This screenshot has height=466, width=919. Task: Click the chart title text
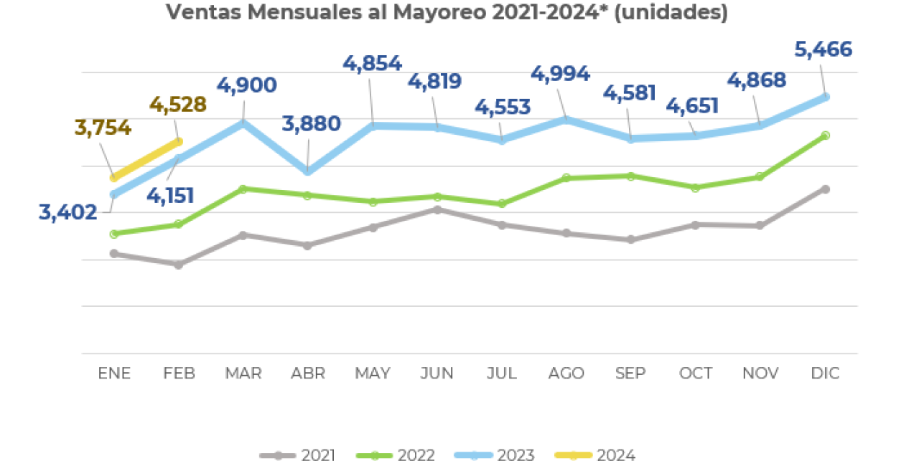pos(447,13)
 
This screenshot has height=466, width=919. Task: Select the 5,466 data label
pos(823,50)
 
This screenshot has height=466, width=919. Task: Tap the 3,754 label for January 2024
pos(103,128)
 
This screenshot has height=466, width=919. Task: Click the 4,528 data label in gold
pos(178,105)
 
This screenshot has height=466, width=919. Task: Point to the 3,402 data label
pos(68,212)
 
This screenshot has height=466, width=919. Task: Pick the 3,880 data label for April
pos(311,124)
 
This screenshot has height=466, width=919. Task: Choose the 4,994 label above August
pos(560,74)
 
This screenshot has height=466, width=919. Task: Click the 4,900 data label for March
pos(246,86)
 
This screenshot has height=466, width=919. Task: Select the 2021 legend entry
pos(297,455)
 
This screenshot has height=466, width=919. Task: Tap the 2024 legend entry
pos(595,455)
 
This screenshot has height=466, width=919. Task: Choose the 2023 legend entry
pos(495,455)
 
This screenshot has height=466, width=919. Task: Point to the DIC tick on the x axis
pos(825,374)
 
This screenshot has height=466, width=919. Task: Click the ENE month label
pos(114,374)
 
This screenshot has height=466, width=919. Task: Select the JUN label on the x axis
pos(437,374)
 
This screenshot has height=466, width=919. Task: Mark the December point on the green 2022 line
pos(825,135)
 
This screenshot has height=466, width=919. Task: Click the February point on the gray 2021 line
pos(179,265)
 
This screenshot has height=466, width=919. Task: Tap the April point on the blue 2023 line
pos(308,171)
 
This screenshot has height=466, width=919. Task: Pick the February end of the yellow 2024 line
pos(179,142)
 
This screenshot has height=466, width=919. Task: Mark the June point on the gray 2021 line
pos(437,209)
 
